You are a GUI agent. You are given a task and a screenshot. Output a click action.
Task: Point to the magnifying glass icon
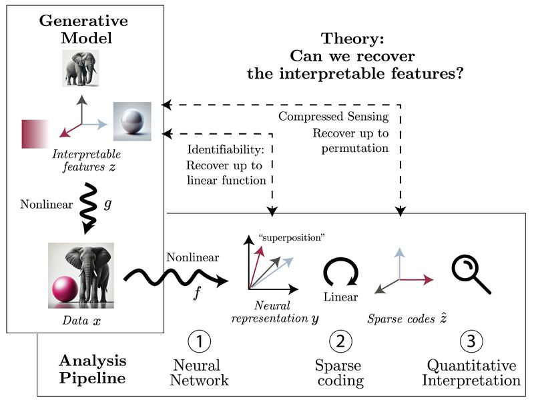click(x=470, y=275)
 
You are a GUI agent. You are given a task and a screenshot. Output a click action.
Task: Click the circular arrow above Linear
click(x=340, y=273)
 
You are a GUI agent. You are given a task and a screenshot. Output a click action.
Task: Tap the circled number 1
click(x=199, y=342)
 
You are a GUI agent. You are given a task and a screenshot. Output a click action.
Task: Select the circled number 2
click(x=340, y=342)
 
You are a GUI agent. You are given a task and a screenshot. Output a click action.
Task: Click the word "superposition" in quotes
click(x=290, y=237)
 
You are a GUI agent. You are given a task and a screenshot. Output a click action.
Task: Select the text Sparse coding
click(x=339, y=373)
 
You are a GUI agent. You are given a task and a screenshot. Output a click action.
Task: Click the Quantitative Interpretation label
click(x=473, y=373)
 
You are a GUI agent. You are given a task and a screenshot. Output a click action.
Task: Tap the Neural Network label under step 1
click(x=199, y=373)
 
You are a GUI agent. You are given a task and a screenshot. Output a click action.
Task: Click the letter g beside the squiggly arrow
click(x=109, y=203)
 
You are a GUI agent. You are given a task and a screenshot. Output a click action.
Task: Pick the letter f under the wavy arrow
click(x=196, y=294)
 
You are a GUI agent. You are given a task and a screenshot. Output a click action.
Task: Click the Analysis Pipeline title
click(x=92, y=369)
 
